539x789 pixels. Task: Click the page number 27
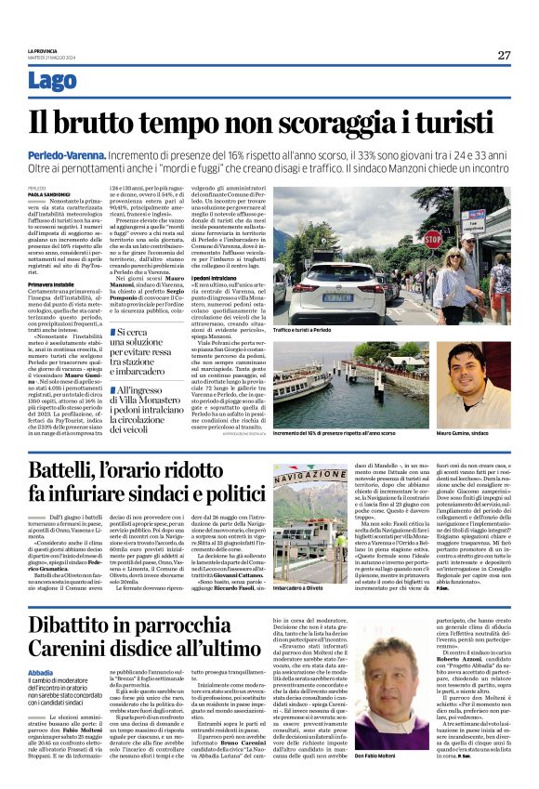tap(504, 55)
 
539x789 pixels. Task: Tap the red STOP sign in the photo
tap(433, 240)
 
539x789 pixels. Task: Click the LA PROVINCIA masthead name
tap(43, 50)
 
